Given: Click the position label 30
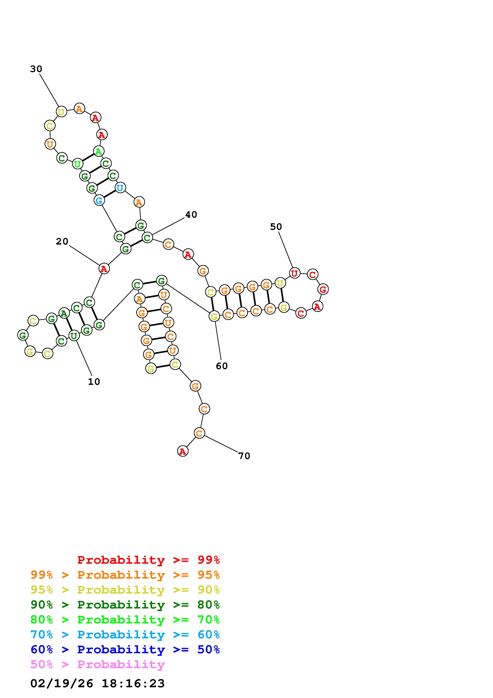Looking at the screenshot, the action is (x=36, y=69).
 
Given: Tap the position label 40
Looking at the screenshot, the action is (x=191, y=215).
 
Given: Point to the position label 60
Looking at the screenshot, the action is (x=222, y=366).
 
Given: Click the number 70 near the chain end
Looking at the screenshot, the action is (x=244, y=456).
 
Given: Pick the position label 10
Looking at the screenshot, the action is (x=94, y=382).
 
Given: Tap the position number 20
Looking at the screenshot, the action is (x=62, y=241).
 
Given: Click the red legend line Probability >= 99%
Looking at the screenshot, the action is (x=149, y=560).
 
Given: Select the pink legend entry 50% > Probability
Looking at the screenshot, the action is (x=97, y=665).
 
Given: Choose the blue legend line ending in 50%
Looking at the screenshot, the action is (x=125, y=650).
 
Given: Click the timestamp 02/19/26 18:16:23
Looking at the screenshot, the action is (x=97, y=684).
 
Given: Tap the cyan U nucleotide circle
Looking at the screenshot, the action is (x=120, y=188).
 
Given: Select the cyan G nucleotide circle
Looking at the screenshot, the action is (x=99, y=200).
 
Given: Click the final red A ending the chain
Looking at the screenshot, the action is (x=183, y=451).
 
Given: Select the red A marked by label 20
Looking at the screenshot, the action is (x=104, y=268).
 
